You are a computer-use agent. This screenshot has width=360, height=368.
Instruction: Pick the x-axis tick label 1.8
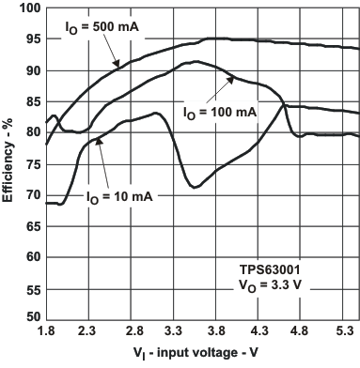[x=45, y=332]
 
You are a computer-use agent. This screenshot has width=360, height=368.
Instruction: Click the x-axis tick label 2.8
[x=133, y=332]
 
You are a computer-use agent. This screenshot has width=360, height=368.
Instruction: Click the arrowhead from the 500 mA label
[x=119, y=65]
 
